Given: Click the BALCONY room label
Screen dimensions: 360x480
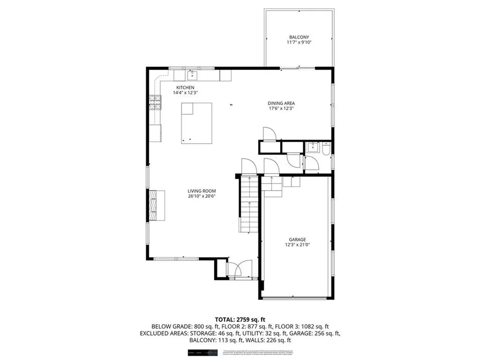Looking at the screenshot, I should (x=299, y=37).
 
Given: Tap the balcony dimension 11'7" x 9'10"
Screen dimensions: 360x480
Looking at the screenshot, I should (x=299, y=43).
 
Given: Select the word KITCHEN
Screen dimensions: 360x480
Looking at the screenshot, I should (x=186, y=88).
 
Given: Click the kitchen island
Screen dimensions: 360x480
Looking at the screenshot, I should (x=196, y=123).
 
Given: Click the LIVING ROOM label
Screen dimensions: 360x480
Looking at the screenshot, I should (x=202, y=191).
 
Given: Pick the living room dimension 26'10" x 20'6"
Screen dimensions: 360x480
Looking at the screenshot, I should (x=202, y=196).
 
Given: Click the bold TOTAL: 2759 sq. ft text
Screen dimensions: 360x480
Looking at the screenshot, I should (x=240, y=319).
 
